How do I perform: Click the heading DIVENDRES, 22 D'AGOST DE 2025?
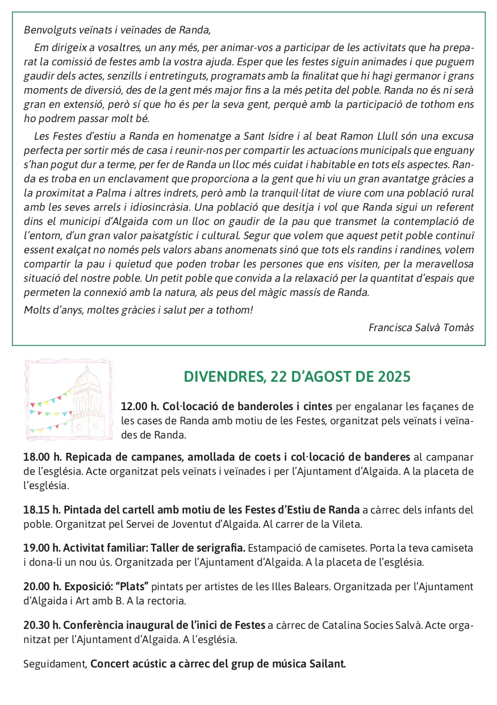[297, 377]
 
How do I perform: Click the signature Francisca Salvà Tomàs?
[421, 327]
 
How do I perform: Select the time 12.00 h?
[139, 407]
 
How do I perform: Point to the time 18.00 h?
[41, 457]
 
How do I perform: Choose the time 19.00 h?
[41, 548]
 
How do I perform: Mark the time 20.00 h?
[41, 587]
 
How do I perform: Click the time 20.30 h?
[41, 625]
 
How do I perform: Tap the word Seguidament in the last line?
[55, 664]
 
